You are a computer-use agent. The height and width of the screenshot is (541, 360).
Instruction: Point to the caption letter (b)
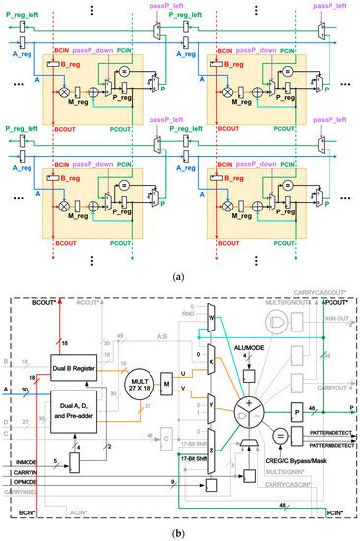pos(180,532)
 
